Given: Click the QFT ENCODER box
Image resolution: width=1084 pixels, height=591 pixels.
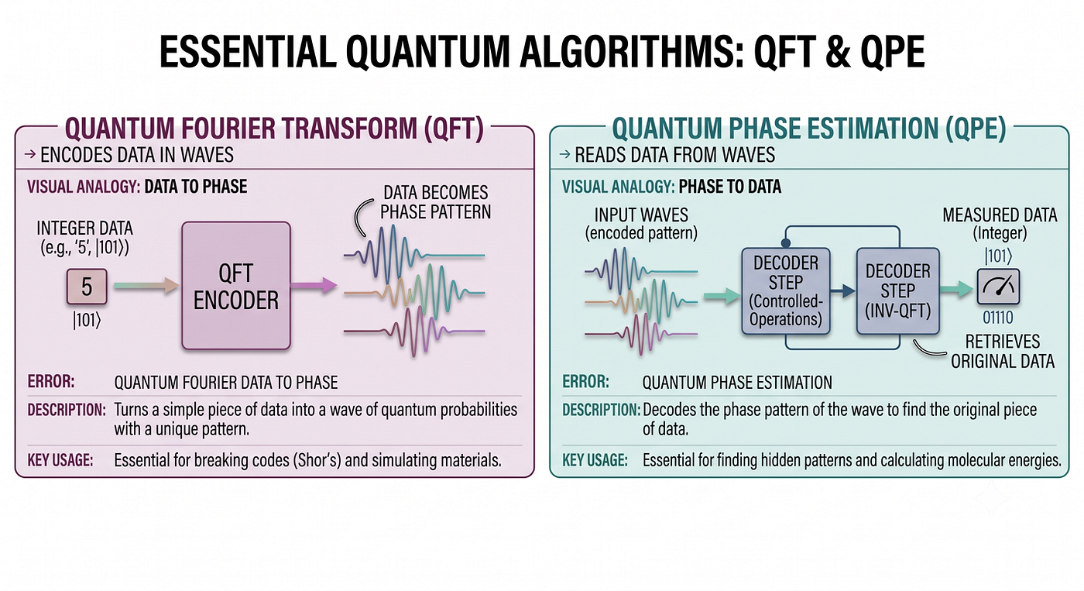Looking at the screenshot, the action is coord(236,286).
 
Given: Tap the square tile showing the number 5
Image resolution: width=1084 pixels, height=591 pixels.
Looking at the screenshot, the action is coord(87,287).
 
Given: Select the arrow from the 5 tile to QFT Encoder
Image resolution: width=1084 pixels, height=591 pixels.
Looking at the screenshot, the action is coord(146,286).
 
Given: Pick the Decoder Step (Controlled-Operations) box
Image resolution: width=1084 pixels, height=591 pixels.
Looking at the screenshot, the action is coord(785,291).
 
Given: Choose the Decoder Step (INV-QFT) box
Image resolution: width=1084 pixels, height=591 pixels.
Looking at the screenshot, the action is coord(897,291).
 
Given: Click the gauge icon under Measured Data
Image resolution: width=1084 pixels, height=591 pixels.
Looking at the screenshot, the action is coord(998,287).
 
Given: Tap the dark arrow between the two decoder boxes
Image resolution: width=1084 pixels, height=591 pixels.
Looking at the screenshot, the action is coord(843,291).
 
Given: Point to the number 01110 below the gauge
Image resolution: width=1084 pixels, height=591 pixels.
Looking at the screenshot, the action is coord(998,318).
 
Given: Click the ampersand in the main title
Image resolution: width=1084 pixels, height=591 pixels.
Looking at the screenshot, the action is coord(845,52).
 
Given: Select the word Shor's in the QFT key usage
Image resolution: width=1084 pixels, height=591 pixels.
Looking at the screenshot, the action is coord(317,460).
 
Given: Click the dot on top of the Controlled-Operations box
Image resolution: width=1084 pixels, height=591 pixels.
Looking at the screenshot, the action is coord(785,243).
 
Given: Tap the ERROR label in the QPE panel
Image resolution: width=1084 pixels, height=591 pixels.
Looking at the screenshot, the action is coord(585,382).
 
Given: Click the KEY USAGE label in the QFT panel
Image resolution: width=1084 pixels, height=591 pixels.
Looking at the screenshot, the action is coord(60,460).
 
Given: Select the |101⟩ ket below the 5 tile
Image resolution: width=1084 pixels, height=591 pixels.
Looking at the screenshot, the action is coord(87,321).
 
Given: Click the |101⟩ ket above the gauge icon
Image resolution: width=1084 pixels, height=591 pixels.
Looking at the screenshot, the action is coord(998,256).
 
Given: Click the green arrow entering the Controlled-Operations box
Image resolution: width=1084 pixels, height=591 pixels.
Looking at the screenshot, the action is coord(722,295).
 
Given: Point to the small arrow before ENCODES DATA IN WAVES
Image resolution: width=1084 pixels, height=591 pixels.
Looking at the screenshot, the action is coord(30,154).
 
